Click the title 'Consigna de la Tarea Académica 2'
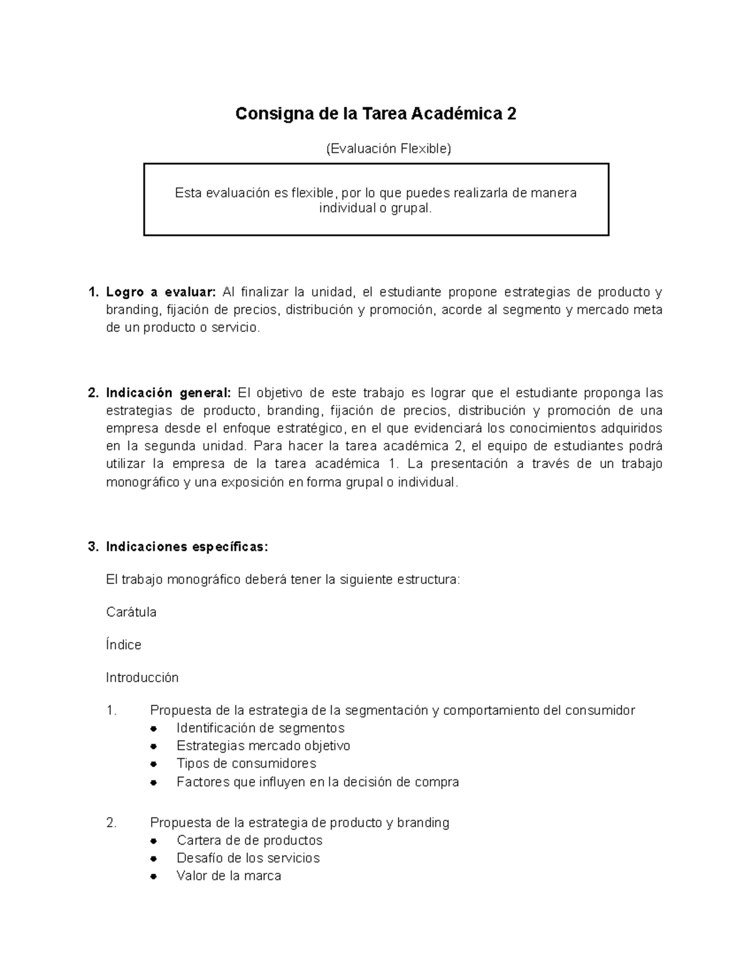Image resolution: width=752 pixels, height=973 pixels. point(375,114)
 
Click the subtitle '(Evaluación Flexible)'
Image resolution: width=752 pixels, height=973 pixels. point(388,148)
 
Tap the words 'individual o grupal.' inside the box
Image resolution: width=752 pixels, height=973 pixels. point(375,208)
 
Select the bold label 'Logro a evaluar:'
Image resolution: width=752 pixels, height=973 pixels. point(160,292)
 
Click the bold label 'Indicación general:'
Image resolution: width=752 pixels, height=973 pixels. point(168,393)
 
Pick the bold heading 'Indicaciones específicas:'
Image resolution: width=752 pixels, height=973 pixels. point(187,547)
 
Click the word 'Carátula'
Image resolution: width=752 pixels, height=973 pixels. point(131,612)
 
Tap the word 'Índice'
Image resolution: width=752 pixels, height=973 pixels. point(123,645)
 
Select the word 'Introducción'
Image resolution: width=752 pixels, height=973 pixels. point(142,677)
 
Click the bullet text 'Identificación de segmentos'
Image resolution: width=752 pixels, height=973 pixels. point(261,728)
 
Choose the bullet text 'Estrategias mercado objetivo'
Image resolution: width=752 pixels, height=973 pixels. point(263,746)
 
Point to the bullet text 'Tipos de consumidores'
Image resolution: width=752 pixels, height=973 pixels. point(246,763)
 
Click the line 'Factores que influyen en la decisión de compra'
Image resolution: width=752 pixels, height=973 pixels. point(318,782)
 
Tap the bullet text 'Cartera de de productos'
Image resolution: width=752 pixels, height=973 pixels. point(249,840)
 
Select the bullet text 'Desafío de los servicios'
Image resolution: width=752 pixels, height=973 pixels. point(248,858)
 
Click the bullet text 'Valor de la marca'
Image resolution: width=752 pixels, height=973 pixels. point(229,876)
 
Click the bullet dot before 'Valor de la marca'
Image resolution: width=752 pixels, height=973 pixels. point(154,877)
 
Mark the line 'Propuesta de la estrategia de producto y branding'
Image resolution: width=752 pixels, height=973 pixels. point(300,823)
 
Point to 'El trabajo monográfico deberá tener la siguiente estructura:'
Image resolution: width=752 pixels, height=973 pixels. point(283,580)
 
